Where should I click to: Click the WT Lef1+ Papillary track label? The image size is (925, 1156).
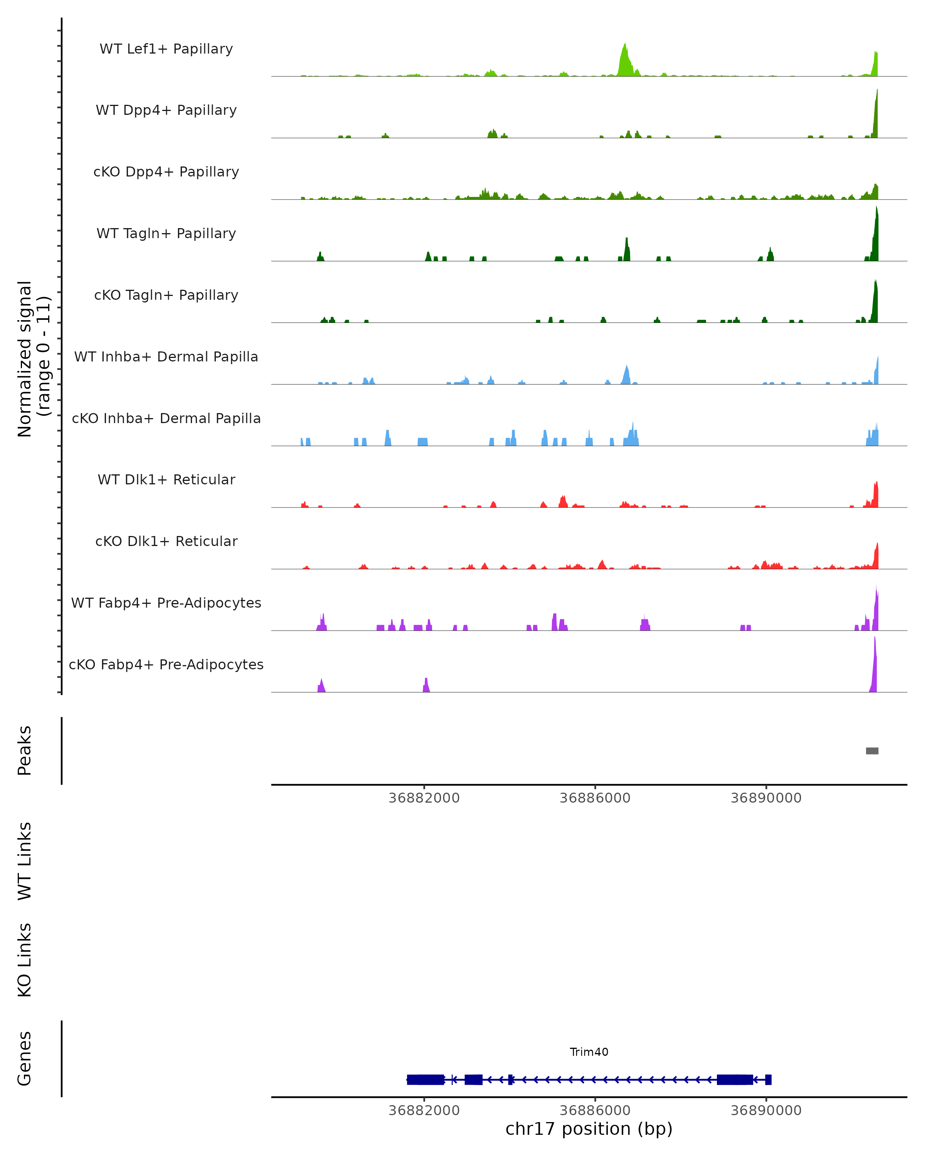tap(166, 49)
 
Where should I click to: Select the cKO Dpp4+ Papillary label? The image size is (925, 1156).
tap(166, 171)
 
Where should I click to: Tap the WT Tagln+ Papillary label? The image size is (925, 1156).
tap(166, 233)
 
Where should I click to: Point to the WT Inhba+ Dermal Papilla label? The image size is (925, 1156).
tap(166, 356)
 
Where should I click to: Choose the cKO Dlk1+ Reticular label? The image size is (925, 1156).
tap(166, 541)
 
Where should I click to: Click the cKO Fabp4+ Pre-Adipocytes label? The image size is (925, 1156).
tap(166, 664)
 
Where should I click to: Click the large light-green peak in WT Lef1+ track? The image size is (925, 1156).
tap(625, 62)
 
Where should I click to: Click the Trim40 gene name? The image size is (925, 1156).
tap(589, 1052)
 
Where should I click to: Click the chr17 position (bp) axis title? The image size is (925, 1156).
tap(589, 1129)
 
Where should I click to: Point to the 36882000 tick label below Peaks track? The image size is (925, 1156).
tap(424, 798)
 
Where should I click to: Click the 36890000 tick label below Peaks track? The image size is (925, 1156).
tap(766, 798)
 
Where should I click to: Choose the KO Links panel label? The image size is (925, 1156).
tap(25, 960)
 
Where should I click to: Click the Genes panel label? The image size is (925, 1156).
tap(25, 1059)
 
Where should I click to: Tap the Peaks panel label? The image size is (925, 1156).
tap(25, 751)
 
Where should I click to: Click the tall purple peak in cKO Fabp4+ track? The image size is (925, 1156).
tap(874, 667)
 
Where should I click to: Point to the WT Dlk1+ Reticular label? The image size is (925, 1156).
tap(166, 479)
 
